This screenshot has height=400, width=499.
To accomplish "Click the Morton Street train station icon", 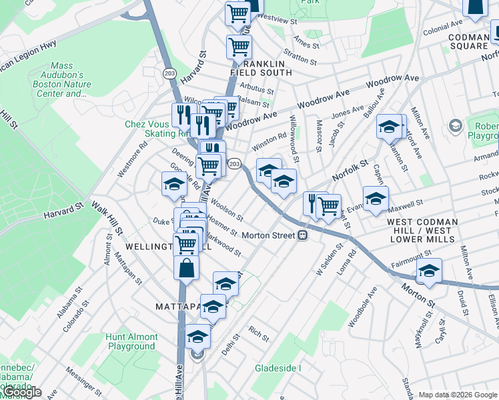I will click(x=302, y=235).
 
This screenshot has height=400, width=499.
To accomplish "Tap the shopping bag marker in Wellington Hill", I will click(x=187, y=268).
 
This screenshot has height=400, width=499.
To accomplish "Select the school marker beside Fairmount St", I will click(x=429, y=271).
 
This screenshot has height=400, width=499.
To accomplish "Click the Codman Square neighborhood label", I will click(x=468, y=41).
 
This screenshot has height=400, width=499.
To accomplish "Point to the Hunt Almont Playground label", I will click(x=131, y=341).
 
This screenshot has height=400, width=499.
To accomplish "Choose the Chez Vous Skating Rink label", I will click(x=148, y=129).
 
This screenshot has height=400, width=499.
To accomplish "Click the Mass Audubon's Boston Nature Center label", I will click(x=61, y=80).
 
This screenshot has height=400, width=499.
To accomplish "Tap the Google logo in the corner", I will click(x=21, y=393).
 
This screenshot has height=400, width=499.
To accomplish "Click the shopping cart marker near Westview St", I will click(x=237, y=13).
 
